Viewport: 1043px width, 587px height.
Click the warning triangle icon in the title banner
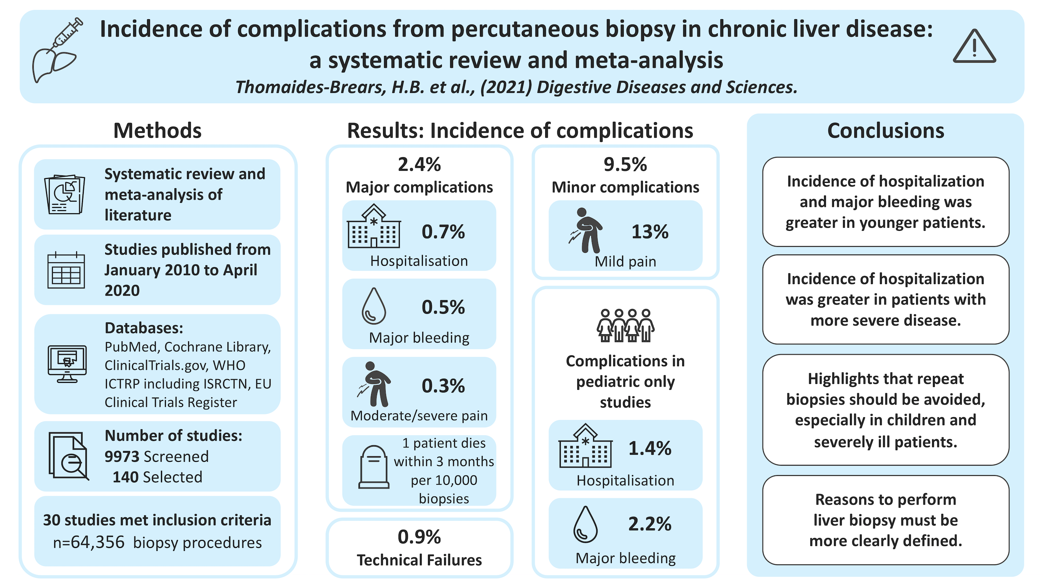974,47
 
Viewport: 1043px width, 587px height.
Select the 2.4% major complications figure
419,164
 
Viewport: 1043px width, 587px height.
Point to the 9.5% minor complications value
625,164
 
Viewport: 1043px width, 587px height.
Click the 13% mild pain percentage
650,232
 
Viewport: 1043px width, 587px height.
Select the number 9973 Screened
122,457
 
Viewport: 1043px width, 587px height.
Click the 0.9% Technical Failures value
419,537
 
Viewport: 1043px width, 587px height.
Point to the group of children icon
625,326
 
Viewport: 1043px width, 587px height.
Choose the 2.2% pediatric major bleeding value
650,524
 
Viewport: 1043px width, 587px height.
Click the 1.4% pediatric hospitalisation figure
650,448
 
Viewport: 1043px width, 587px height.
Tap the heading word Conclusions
885,131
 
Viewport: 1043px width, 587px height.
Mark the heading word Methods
157,131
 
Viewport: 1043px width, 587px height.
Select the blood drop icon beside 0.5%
373,306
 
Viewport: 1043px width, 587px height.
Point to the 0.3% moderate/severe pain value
443,386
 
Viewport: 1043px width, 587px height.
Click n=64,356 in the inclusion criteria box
89,542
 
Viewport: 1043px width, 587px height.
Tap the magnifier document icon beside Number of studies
68,456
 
